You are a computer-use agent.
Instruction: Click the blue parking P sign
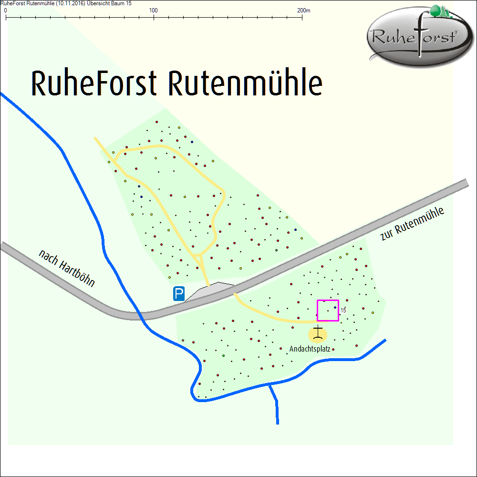[x=179, y=293]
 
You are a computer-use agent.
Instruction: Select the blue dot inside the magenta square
[x=335, y=308]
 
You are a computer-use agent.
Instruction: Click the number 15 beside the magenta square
[x=343, y=310]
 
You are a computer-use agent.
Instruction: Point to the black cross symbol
[x=318, y=333]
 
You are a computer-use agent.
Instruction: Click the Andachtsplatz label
[x=310, y=349]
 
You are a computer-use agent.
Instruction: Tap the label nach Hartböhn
[x=67, y=269]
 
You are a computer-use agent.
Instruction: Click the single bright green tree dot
[x=223, y=356]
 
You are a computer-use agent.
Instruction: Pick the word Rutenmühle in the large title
[x=245, y=83]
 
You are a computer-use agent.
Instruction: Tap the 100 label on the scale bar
[x=154, y=10]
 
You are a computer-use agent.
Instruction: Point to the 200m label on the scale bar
[x=303, y=10]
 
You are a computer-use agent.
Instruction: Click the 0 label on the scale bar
[x=5, y=10]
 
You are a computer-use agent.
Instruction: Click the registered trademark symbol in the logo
[x=456, y=32]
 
